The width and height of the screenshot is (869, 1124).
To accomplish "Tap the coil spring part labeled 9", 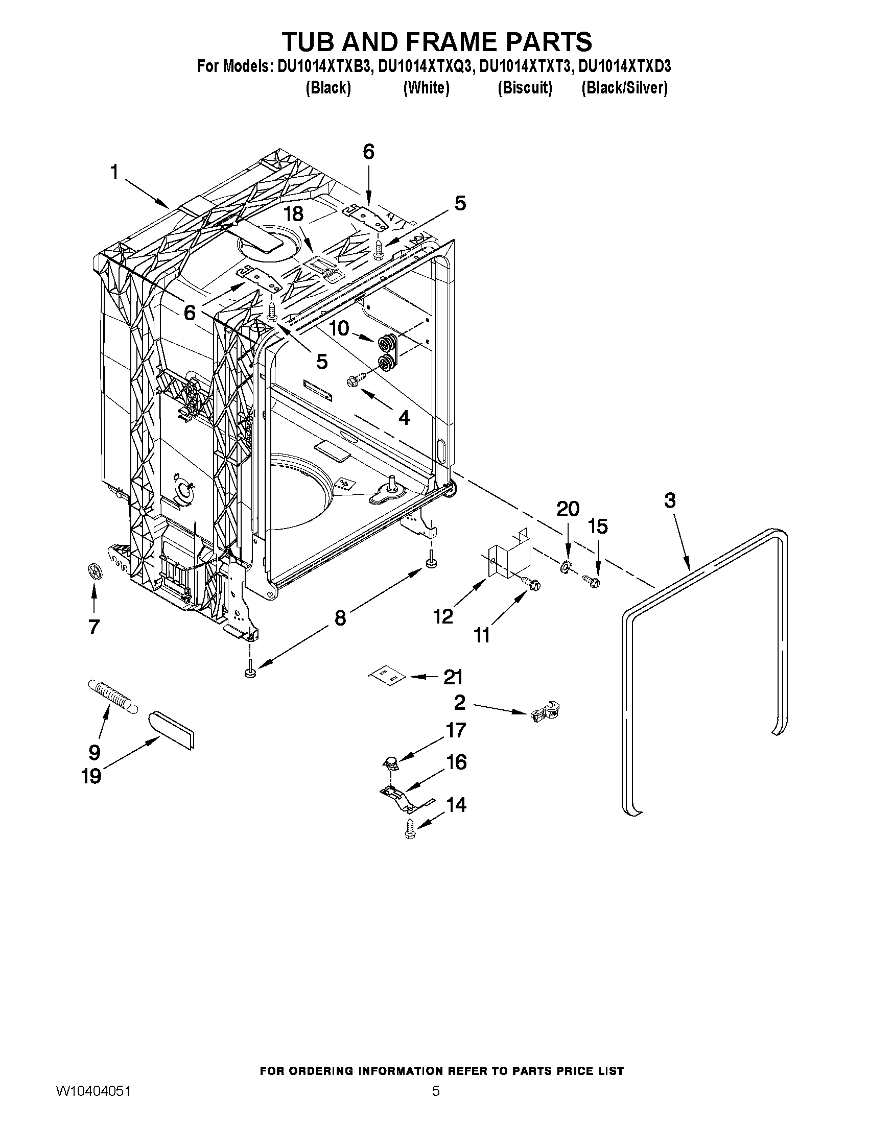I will [x=112, y=696].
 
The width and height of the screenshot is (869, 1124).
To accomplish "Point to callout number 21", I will [x=453, y=677].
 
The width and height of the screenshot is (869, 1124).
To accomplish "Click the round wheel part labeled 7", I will [x=93, y=572].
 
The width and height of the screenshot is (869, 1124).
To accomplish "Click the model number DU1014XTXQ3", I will [x=425, y=67].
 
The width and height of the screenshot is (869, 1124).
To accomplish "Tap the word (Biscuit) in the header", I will [x=525, y=88].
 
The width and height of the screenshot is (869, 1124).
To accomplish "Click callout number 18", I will [x=293, y=213].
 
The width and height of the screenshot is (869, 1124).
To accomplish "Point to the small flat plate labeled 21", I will [x=387, y=676].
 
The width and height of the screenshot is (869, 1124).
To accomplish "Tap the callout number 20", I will [x=567, y=509].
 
